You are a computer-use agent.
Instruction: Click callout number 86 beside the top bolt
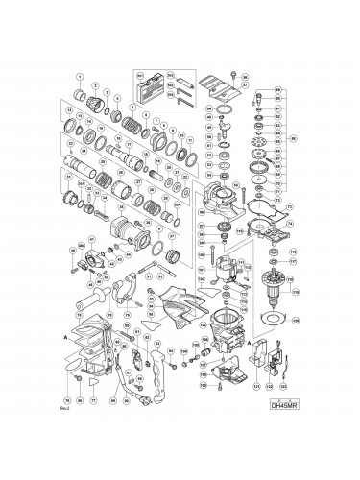coord(245,76)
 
